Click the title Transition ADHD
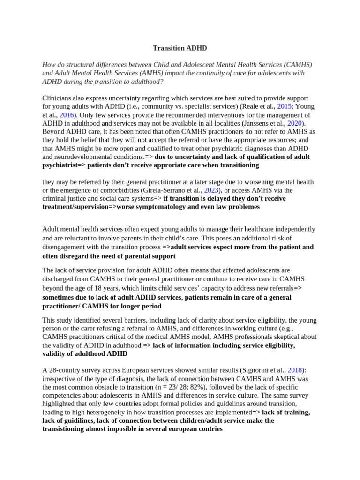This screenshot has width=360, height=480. [x=180, y=48]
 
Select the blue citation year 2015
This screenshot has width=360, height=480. [x=285, y=106]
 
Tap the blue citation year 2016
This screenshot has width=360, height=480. [x=67, y=115]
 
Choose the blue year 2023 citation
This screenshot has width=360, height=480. [x=211, y=190]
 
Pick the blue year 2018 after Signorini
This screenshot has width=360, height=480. [x=295, y=370]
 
